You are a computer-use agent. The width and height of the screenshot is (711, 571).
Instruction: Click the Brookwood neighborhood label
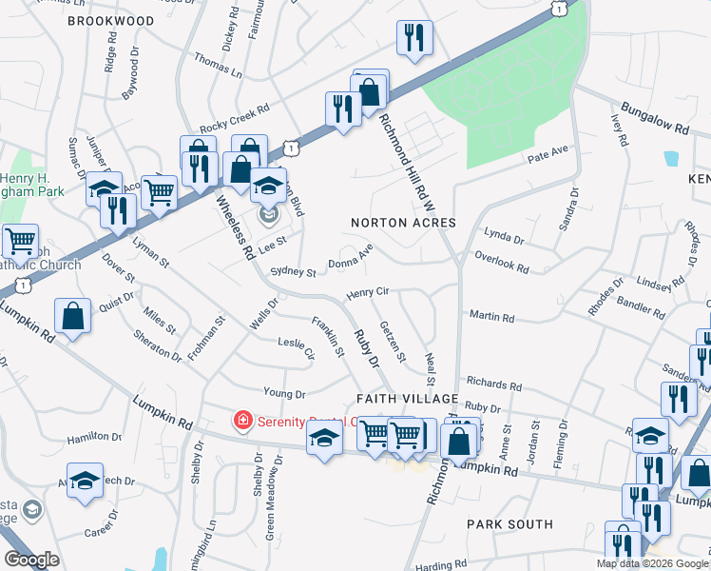tap(110, 20)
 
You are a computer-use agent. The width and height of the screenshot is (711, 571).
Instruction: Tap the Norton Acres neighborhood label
tap(403, 223)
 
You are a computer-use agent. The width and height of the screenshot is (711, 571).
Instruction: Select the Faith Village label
tap(408, 398)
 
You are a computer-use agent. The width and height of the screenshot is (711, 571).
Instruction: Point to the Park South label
tap(509, 524)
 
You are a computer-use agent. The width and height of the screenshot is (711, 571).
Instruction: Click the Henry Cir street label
tap(368, 293)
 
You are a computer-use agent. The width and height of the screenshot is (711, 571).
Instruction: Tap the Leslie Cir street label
tap(296, 347)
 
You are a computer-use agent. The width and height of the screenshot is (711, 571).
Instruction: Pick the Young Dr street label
tap(284, 392)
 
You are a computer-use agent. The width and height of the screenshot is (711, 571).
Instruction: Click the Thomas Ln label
tap(218, 65)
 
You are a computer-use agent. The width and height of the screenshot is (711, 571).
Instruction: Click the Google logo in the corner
tap(32, 560)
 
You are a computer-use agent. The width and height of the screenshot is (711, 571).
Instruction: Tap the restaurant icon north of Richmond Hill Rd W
tap(414, 38)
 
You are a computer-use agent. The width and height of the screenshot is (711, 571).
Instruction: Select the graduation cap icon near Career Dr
tap(85, 481)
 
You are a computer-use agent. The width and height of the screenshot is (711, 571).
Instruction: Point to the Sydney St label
tap(293, 271)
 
